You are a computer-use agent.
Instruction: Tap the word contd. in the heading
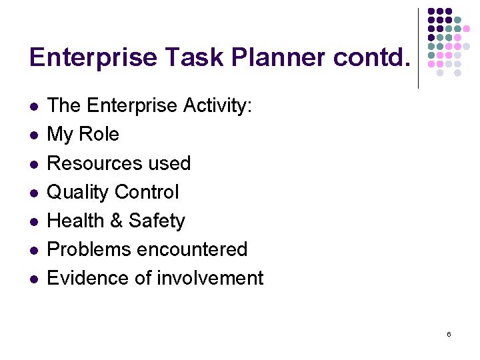369,58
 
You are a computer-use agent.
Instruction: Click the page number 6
449,334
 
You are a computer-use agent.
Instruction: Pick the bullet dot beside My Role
33,135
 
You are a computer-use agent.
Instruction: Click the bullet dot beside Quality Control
33,193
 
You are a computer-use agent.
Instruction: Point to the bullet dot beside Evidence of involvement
33,279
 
